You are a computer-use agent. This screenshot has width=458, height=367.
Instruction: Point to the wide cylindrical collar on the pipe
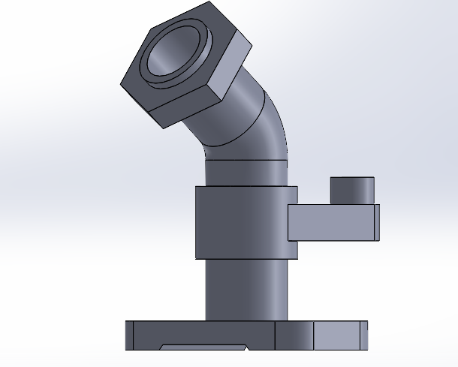pyautogui.click(x=240, y=221)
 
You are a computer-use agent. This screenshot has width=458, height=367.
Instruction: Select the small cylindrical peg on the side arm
pyautogui.click(x=352, y=191)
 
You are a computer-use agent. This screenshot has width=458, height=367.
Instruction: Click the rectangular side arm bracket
pyautogui.click(x=330, y=223)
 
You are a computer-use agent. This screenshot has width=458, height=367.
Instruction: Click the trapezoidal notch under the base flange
pyautogui.click(x=203, y=347)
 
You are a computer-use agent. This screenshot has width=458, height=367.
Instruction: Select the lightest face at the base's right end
pyautogui.click(x=339, y=335)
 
